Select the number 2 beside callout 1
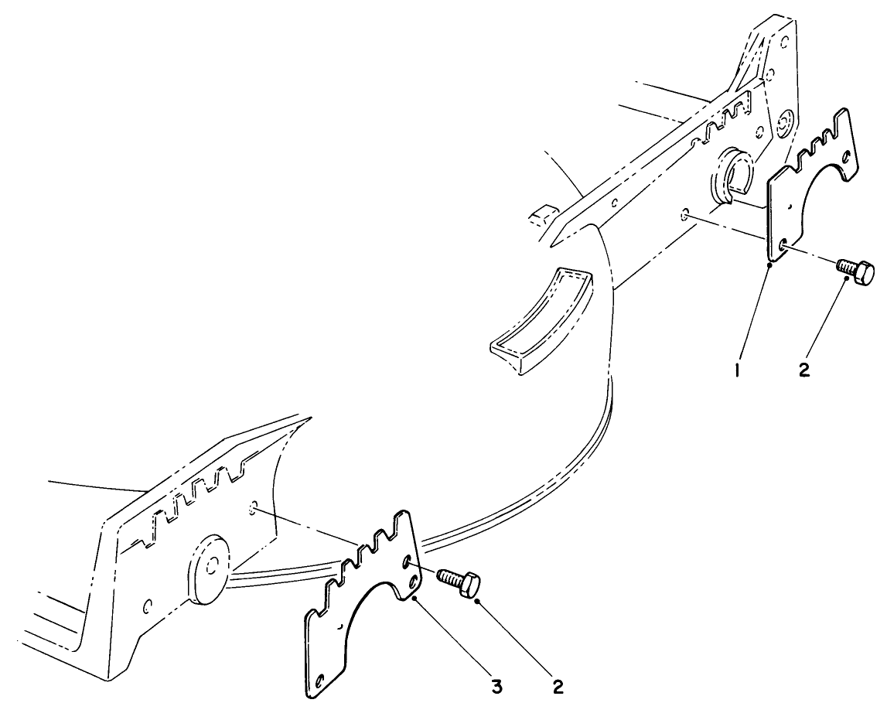(x=804, y=370)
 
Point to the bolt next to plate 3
(x=459, y=582)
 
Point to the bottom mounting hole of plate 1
(x=783, y=246)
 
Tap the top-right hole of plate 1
(x=847, y=158)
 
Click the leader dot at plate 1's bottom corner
(x=770, y=264)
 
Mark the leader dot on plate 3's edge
(x=415, y=597)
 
